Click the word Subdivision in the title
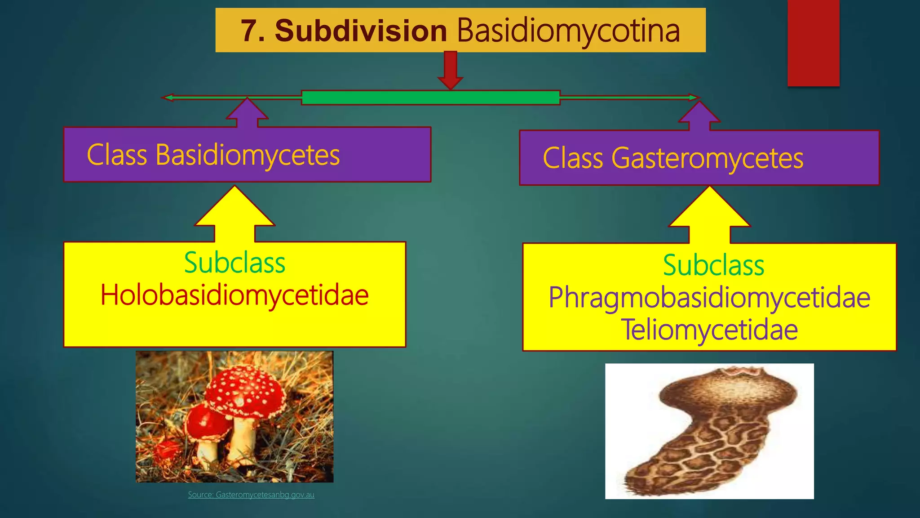[361, 31]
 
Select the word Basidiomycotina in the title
[568, 31]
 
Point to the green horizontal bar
[430, 98]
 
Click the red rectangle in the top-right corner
[813, 43]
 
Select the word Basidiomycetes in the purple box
[248, 155]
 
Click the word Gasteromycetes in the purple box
[707, 158]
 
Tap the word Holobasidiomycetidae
[234, 295]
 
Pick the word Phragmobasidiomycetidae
[709, 298]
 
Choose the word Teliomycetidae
[709, 330]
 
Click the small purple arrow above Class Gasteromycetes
[699, 116]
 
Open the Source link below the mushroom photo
[251, 495]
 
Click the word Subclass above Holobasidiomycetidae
[234, 263]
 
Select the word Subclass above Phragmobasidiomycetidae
[713, 265]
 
